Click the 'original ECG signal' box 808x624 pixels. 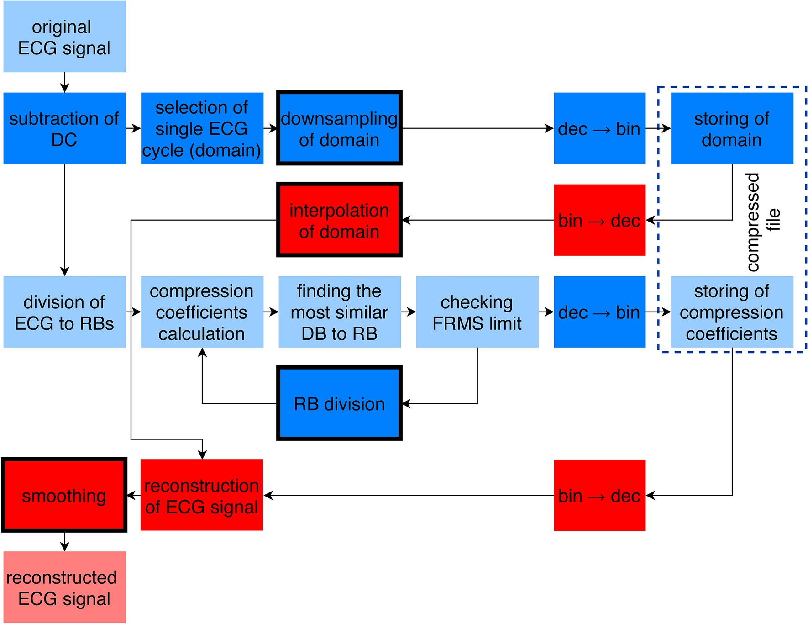64,37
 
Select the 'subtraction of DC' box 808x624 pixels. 64,128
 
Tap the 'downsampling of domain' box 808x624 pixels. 339,128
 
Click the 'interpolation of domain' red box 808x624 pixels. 339,220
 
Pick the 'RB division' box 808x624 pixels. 339,403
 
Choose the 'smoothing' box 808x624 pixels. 64,495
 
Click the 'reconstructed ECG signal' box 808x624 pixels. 64,587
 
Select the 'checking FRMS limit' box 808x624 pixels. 477,312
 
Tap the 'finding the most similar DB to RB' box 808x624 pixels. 339,312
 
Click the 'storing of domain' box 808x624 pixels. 732,128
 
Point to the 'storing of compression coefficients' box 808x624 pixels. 732,312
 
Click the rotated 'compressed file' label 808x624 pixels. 762,222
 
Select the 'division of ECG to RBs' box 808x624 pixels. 64,312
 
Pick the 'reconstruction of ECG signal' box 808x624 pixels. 202,495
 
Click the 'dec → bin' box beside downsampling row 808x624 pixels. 599,128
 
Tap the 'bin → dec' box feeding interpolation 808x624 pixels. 599,220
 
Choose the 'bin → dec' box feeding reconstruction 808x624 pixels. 599,495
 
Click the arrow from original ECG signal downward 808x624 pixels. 65,83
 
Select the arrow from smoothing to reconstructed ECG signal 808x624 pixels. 65,542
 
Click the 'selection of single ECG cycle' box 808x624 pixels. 202,128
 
